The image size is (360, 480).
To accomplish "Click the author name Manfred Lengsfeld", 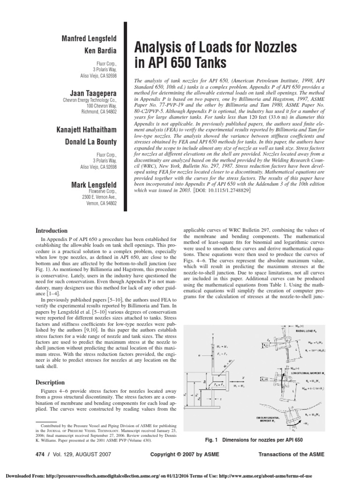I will pyautogui.click(x=90, y=38).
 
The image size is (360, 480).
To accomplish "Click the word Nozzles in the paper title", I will pyautogui.click(x=265, y=47).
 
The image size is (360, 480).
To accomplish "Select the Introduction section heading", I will pyautogui.click(x=52, y=231).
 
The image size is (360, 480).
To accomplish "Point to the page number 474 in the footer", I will pyautogui.click(x=42, y=455).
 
